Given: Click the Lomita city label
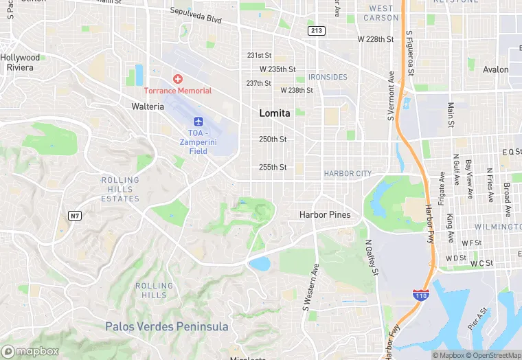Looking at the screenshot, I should [x=275, y=113].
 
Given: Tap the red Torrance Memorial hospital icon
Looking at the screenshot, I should [x=178, y=79].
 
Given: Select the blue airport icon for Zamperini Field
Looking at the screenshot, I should [x=198, y=122].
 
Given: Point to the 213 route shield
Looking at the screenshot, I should [x=317, y=30].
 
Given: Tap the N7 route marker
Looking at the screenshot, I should [x=76, y=216].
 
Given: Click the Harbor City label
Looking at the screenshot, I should [x=348, y=174].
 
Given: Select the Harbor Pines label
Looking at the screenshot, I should [x=325, y=215].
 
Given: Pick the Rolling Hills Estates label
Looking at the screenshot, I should [x=120, y=190].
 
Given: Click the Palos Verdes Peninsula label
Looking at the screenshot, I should [x=166, y=326].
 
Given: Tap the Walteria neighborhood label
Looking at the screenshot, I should [x=148, y=106].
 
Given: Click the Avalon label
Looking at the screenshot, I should [x=496, y=69].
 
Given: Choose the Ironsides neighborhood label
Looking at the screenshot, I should [x=328, y=77].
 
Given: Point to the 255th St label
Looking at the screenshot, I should [x=273, y=167].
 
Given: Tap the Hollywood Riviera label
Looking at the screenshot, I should [x=20, y=63].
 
